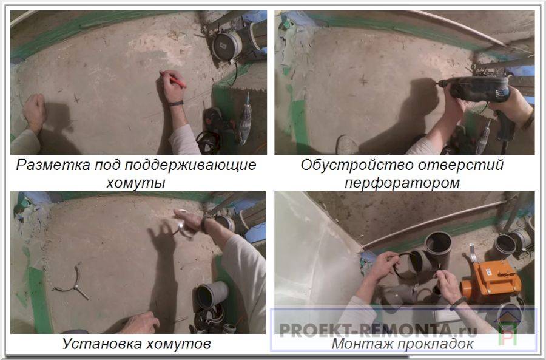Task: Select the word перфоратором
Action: click(x=402, y=183)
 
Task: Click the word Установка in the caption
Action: click(x=101, y=344)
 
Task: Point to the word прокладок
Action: click(x=435, y=344)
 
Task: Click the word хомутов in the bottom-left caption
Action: click(x=178, y=344)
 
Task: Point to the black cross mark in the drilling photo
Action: click(x=363, y=81)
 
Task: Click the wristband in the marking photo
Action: click(x=175, y=103)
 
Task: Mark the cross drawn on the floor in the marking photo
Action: click(x=76, y=98)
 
